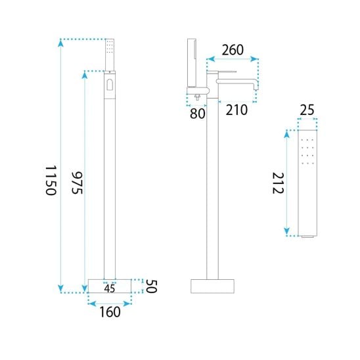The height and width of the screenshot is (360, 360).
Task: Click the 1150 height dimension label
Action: (51, 180)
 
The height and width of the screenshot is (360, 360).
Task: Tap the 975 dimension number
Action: (77, 183)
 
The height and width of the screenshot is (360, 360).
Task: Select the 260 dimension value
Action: (233, 50)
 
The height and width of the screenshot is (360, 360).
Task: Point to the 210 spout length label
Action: (236, 110)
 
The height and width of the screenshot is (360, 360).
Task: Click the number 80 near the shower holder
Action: (198, 114)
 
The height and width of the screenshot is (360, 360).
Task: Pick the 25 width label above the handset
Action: (307, 110)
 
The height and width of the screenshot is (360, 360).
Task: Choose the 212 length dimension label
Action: (278, 183)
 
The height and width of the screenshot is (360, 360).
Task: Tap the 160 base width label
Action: (110, 312)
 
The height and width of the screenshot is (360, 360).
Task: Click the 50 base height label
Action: (151, 286)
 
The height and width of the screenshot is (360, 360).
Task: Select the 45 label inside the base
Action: (110, 288)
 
